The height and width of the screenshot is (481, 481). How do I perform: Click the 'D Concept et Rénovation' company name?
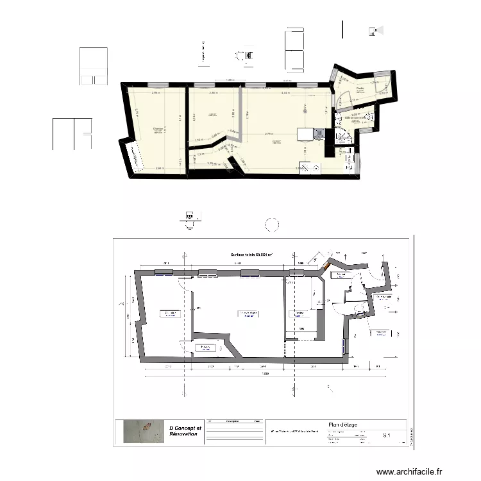tap(185, 431)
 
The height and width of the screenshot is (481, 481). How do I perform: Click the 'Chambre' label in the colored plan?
tap(158, 130)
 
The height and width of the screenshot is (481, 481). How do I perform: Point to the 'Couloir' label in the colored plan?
tap(360, 89)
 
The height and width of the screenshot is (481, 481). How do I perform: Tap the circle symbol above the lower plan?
tap(272, 224)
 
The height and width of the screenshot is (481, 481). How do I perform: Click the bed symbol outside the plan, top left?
tap(94, 66)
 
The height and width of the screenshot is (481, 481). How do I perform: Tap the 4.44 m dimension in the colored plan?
tap(286, 93)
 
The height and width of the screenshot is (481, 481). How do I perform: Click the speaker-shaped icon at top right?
tap(374, 30)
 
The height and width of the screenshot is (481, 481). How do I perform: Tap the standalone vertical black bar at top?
tap(342, 29)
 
